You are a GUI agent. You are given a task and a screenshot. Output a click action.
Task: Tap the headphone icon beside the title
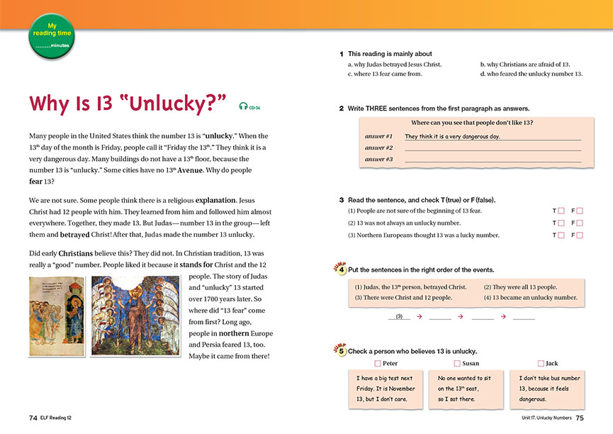[x=244, y=106]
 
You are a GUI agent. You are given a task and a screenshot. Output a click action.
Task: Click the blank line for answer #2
[x=493, y=148]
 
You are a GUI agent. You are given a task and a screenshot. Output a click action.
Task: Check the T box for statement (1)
[x=561, y=211]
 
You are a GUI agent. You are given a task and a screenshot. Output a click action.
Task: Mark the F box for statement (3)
[x=580, y=235]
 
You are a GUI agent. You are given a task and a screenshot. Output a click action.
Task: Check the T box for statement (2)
[x=561, y=223]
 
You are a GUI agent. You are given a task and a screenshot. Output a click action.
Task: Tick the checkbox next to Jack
[x=541, y=364]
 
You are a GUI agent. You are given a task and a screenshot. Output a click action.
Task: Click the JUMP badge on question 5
[x=339, y=349]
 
